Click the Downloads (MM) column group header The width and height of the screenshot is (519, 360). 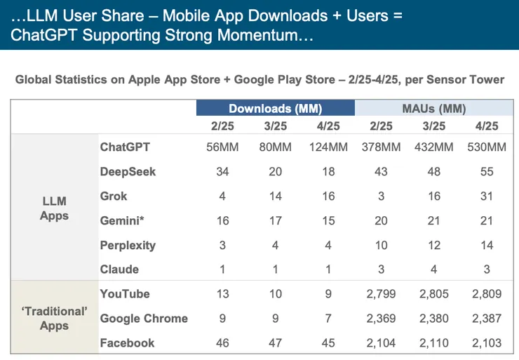tap(275, 109)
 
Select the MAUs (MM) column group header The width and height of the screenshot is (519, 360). tap(433, 109)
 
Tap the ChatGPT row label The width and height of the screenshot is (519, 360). tap(125, 147)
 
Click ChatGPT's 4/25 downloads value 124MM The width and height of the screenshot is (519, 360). tap(328, 147)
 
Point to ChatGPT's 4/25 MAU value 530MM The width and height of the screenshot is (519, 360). tap(486, 147)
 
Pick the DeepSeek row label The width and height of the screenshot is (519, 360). tap(128, 172)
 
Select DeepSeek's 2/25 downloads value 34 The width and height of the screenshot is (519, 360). tap(222, 172)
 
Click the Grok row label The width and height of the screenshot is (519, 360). tap(114, 196)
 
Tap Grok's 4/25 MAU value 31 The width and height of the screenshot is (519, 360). tap(486, 196)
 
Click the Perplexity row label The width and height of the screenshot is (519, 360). tap(128, 246)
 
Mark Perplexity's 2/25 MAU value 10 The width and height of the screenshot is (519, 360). tap(381, 246)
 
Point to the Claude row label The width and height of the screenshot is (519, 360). tap(119, 269)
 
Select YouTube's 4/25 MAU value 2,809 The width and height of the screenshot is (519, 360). tap(486, 294)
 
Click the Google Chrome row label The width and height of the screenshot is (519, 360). tap(144, 319)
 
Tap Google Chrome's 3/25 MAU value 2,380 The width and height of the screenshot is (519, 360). tap(433, 319)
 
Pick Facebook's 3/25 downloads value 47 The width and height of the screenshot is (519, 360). tap(275, 343)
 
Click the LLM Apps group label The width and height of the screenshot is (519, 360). tap(54, 208)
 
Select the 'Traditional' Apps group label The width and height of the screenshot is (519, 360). tap(54, 319)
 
